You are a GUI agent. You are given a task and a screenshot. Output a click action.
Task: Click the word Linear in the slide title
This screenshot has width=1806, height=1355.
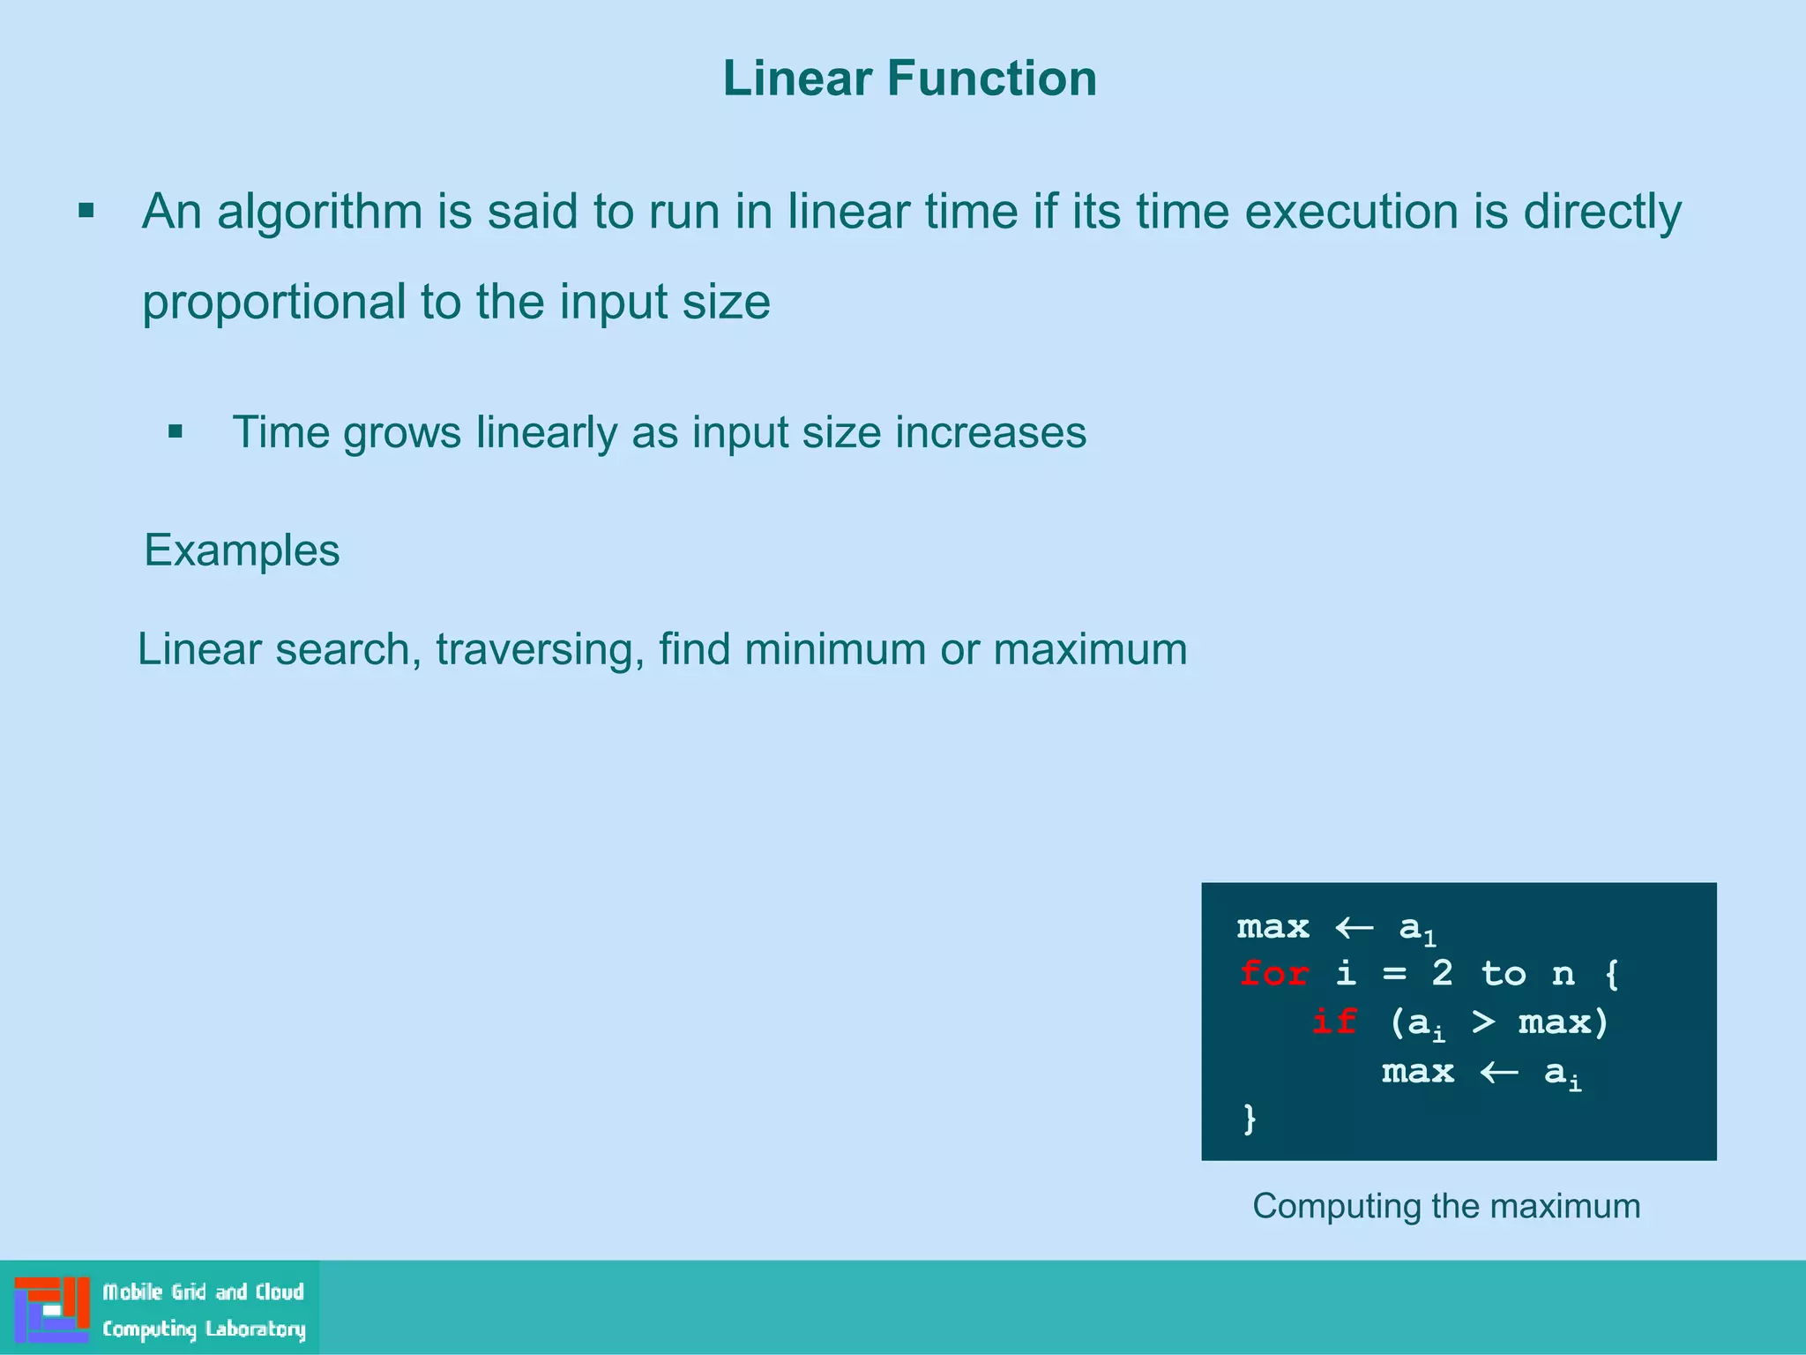click(797, 79)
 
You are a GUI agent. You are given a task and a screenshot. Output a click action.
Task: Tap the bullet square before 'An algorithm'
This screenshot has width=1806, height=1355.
click(86, 211)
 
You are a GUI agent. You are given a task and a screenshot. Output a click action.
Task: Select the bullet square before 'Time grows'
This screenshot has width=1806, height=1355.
click(175, 431)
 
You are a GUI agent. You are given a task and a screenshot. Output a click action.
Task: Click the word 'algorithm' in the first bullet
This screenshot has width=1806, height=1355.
click(319, 213)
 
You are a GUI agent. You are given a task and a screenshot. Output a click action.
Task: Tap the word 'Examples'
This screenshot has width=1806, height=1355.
click(242, 550)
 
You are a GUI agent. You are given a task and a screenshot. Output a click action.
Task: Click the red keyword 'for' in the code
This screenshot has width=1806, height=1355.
click(1273, 974)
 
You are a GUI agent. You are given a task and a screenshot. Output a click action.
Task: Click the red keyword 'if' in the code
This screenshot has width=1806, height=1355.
click(1333, 1022)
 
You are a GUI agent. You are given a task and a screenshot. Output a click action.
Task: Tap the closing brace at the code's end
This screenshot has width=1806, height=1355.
click(1250, 1119)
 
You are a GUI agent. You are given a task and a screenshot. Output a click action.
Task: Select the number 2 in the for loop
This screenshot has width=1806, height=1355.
click(1442, 974)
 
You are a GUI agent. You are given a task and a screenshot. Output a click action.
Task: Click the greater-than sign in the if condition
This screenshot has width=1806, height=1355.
click(1483, 1022)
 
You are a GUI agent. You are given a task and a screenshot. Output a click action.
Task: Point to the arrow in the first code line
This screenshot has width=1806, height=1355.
click(1354, 928)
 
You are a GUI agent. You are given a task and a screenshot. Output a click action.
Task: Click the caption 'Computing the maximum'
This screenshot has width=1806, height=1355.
click(1446, 1206)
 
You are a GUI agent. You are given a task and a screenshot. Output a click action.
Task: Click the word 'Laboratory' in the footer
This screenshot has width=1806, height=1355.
click(256, 1329)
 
